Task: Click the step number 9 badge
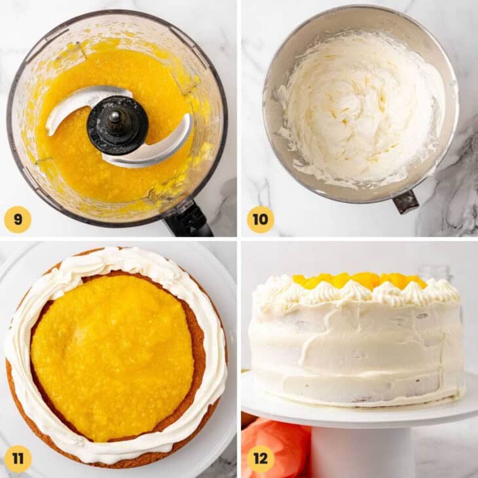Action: click(18, 219)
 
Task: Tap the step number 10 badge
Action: click(260, 219)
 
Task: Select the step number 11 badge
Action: click(18, 458)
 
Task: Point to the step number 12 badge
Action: click(260, 458)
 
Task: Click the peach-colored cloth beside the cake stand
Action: click(275, 445)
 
